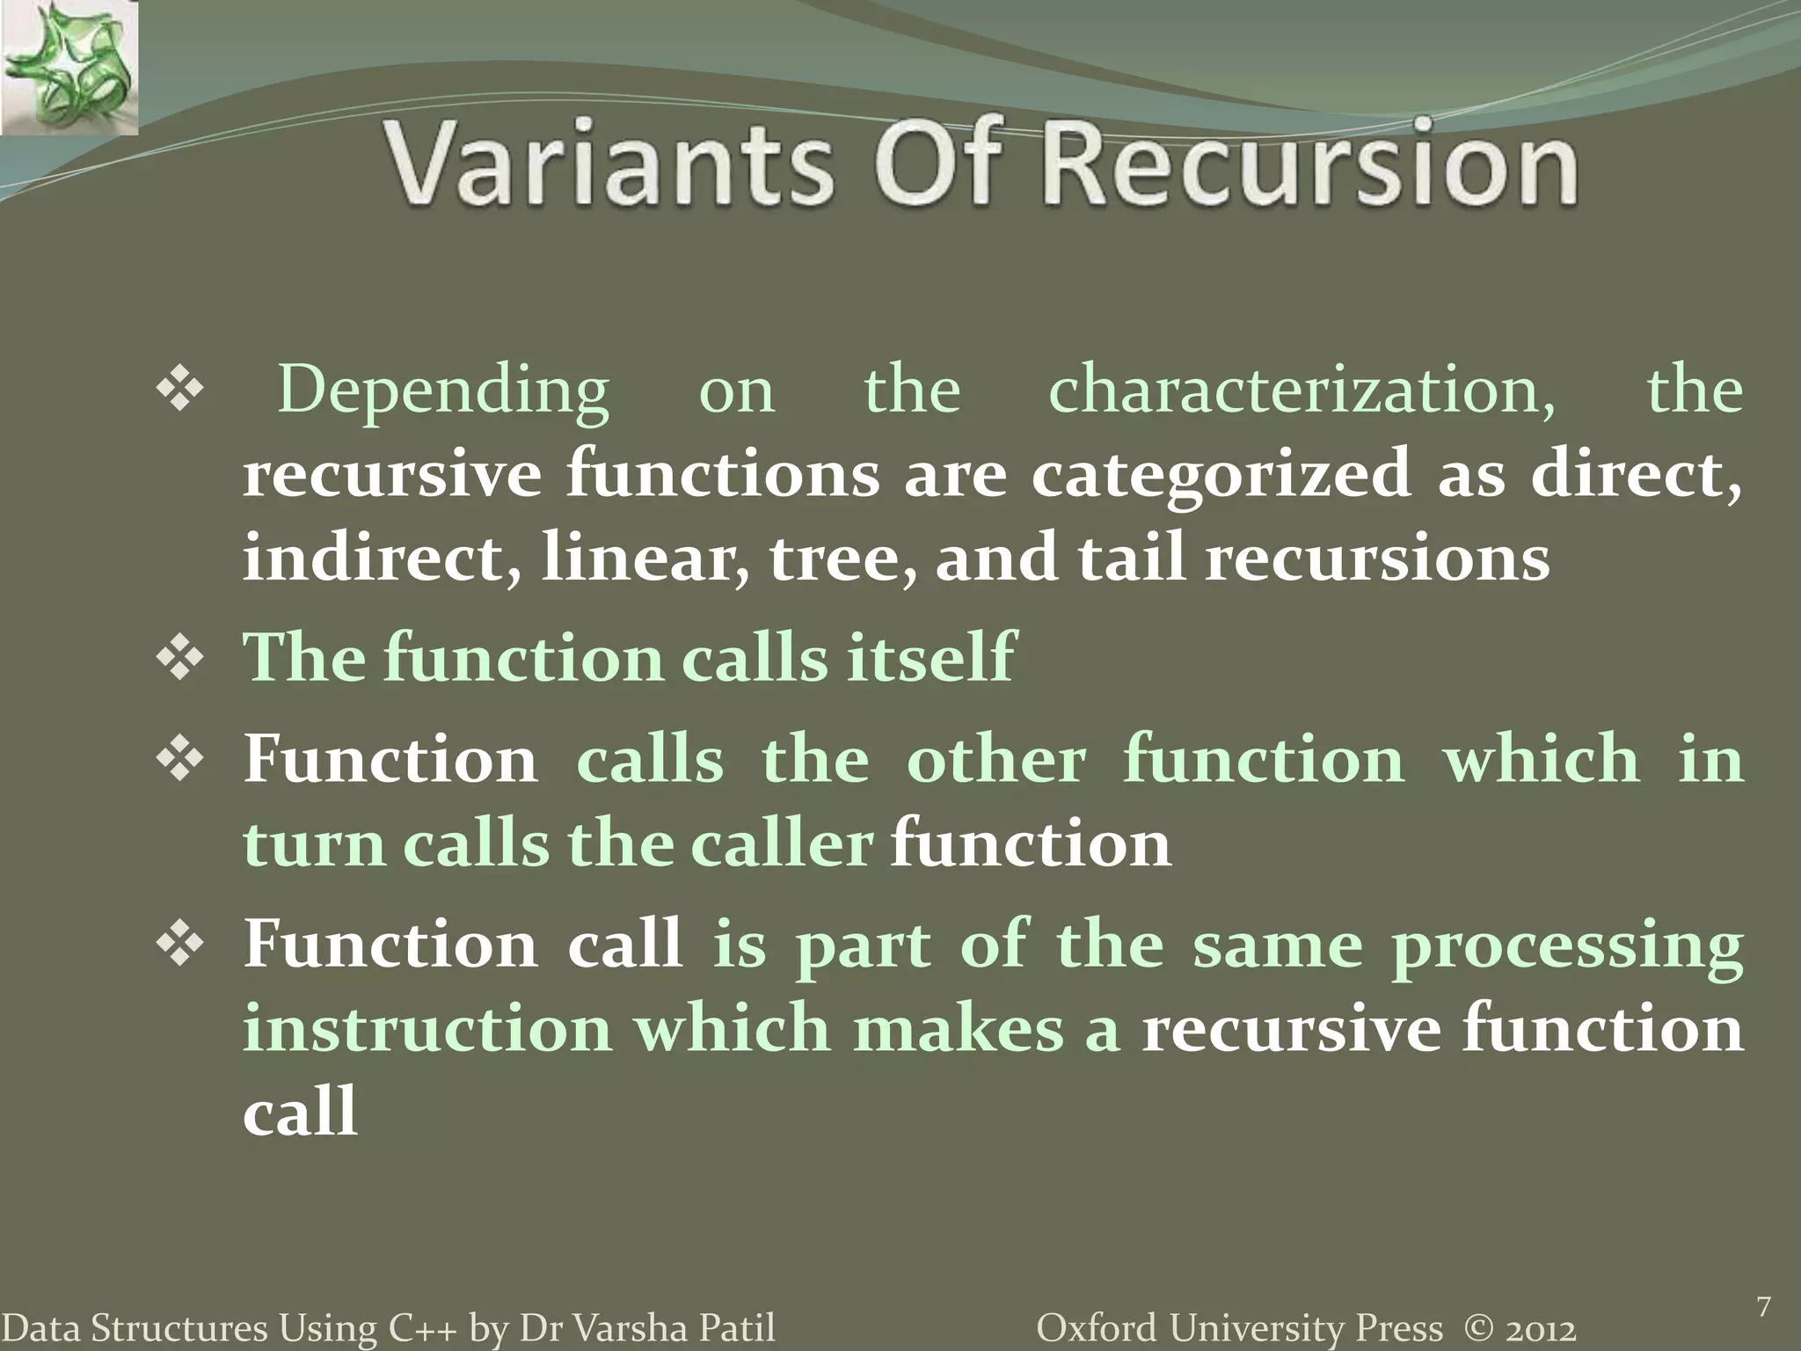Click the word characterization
(1302, 391)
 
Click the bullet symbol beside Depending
(181, 390)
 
